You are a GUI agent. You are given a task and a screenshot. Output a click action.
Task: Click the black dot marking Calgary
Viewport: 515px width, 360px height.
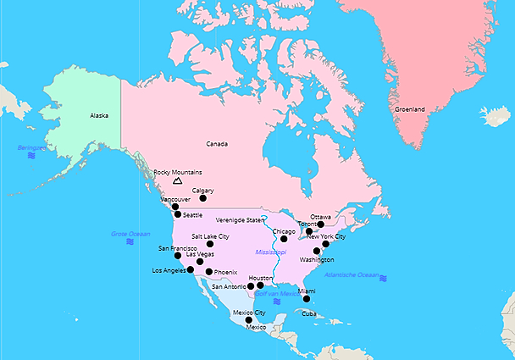coord(202,199)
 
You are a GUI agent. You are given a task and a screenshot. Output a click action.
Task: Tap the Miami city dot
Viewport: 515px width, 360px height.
coord(307,299)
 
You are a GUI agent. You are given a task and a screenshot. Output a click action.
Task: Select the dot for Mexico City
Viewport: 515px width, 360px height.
coord(249,320)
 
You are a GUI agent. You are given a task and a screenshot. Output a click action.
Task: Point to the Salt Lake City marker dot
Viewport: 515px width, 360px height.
coord(210,244)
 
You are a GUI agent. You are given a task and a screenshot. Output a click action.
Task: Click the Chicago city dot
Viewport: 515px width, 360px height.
coord(284,239)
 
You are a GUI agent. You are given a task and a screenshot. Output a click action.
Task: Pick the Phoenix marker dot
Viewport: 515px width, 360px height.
coord(209,272)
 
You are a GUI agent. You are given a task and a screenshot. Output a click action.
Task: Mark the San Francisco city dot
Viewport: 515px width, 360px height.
coord(178,256)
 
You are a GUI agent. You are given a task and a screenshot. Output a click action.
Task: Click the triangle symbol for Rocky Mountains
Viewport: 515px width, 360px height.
coord(177,180)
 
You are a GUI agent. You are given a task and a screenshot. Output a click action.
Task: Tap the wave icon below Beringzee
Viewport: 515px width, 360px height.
coord(31,156)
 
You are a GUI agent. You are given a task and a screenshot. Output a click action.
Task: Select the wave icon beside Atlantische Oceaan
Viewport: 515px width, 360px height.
coord(384,278)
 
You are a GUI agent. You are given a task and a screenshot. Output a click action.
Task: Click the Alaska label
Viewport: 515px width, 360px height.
coord(99,115)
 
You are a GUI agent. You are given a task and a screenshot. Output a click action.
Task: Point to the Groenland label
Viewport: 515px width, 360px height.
coord(409,108)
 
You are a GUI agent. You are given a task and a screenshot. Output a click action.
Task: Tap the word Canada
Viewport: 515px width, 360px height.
coord(218,144)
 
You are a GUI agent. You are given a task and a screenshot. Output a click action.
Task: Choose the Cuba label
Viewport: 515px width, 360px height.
coord(308,313)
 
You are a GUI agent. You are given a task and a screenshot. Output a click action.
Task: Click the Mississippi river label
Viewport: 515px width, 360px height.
coord(271,252)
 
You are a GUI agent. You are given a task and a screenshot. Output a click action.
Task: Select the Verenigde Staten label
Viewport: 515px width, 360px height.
coord(241,219)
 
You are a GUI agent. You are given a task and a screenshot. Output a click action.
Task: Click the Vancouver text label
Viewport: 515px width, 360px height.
coord(175,199)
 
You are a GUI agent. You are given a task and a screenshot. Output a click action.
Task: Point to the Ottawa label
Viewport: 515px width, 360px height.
coord(320,217)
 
